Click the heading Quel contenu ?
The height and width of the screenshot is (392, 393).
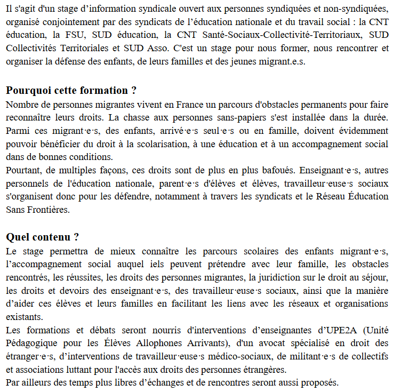(x=42, y=236)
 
